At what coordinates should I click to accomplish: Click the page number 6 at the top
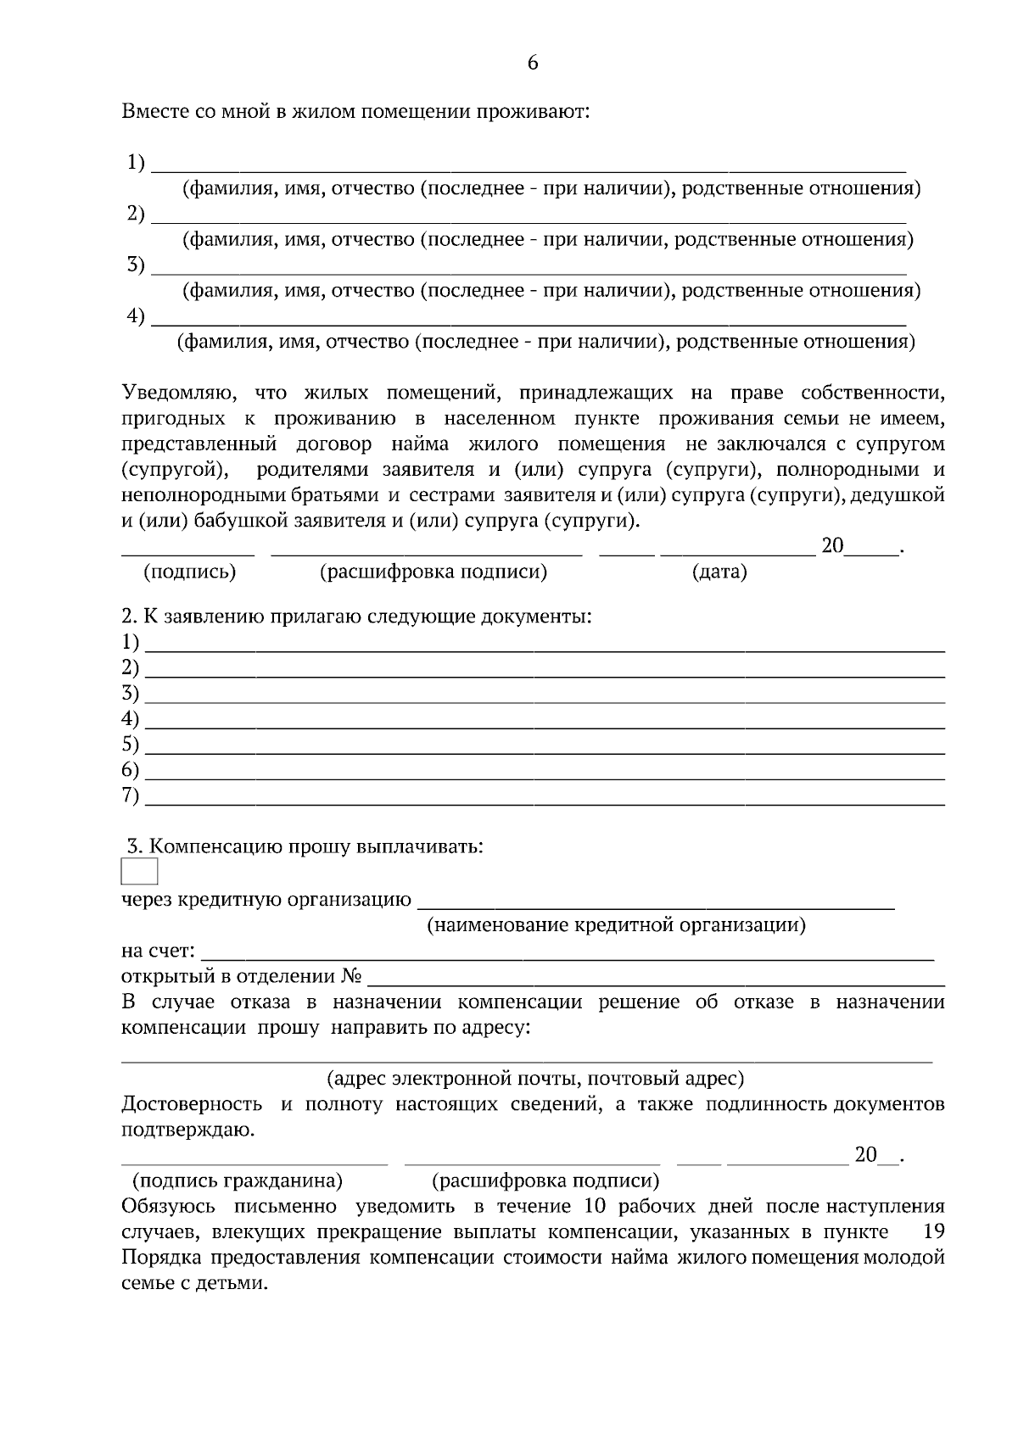coord(533,63)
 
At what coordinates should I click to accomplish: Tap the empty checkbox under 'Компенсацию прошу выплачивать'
coord(140,871)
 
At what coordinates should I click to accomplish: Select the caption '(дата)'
coord(719,572)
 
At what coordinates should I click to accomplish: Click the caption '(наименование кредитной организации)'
coord(615,924)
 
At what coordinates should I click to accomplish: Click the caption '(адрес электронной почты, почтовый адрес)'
coord(535,1079)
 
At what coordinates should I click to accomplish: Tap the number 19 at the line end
coord(932,1231)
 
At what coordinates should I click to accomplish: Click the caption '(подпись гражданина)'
coord(238,1180)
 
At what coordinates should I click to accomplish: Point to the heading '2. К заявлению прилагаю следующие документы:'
coord(356,617)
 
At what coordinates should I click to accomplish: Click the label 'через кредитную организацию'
coord(266,899)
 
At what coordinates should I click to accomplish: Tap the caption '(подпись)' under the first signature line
coord(190,572)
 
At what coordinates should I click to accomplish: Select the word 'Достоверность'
coord(192,1104)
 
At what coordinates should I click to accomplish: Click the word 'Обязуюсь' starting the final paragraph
coord(169,1206)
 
